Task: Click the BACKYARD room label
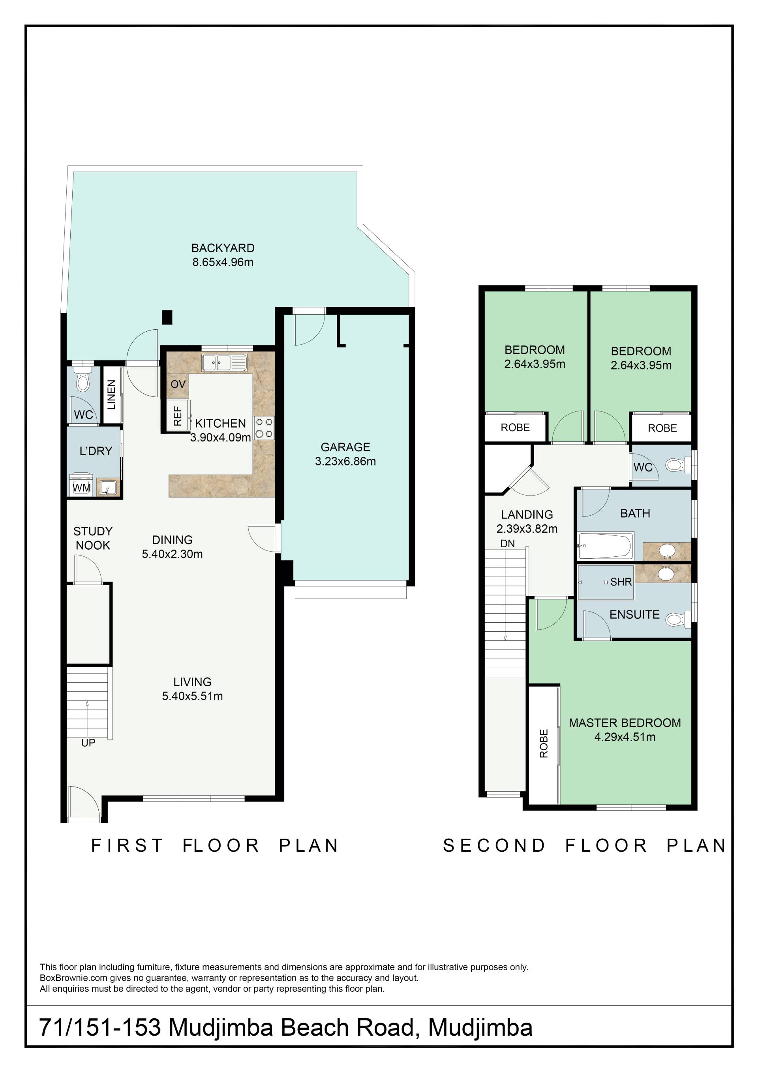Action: [x=223, y=248]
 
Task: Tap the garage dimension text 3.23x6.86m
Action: [x=345, y=461]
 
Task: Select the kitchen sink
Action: [x=224, y=363]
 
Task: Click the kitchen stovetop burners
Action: [x=264, y=428]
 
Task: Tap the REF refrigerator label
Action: [x=177, y=415]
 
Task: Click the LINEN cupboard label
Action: [x=111, y=395]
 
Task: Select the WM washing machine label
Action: [x=82, y=488]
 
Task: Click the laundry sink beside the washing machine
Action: [x=108, y=488]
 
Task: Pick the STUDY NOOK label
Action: [x=93, y=538]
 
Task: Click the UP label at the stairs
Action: [x=88, y=743]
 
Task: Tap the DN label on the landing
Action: [x=507, y=543]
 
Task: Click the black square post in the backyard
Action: [x=167, y=317]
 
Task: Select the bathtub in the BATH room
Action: [x=605, y=546]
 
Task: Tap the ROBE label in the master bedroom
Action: [x=544, y=743]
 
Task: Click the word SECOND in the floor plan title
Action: [x=494, y=845]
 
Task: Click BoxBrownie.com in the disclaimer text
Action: [x=74, y=978]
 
